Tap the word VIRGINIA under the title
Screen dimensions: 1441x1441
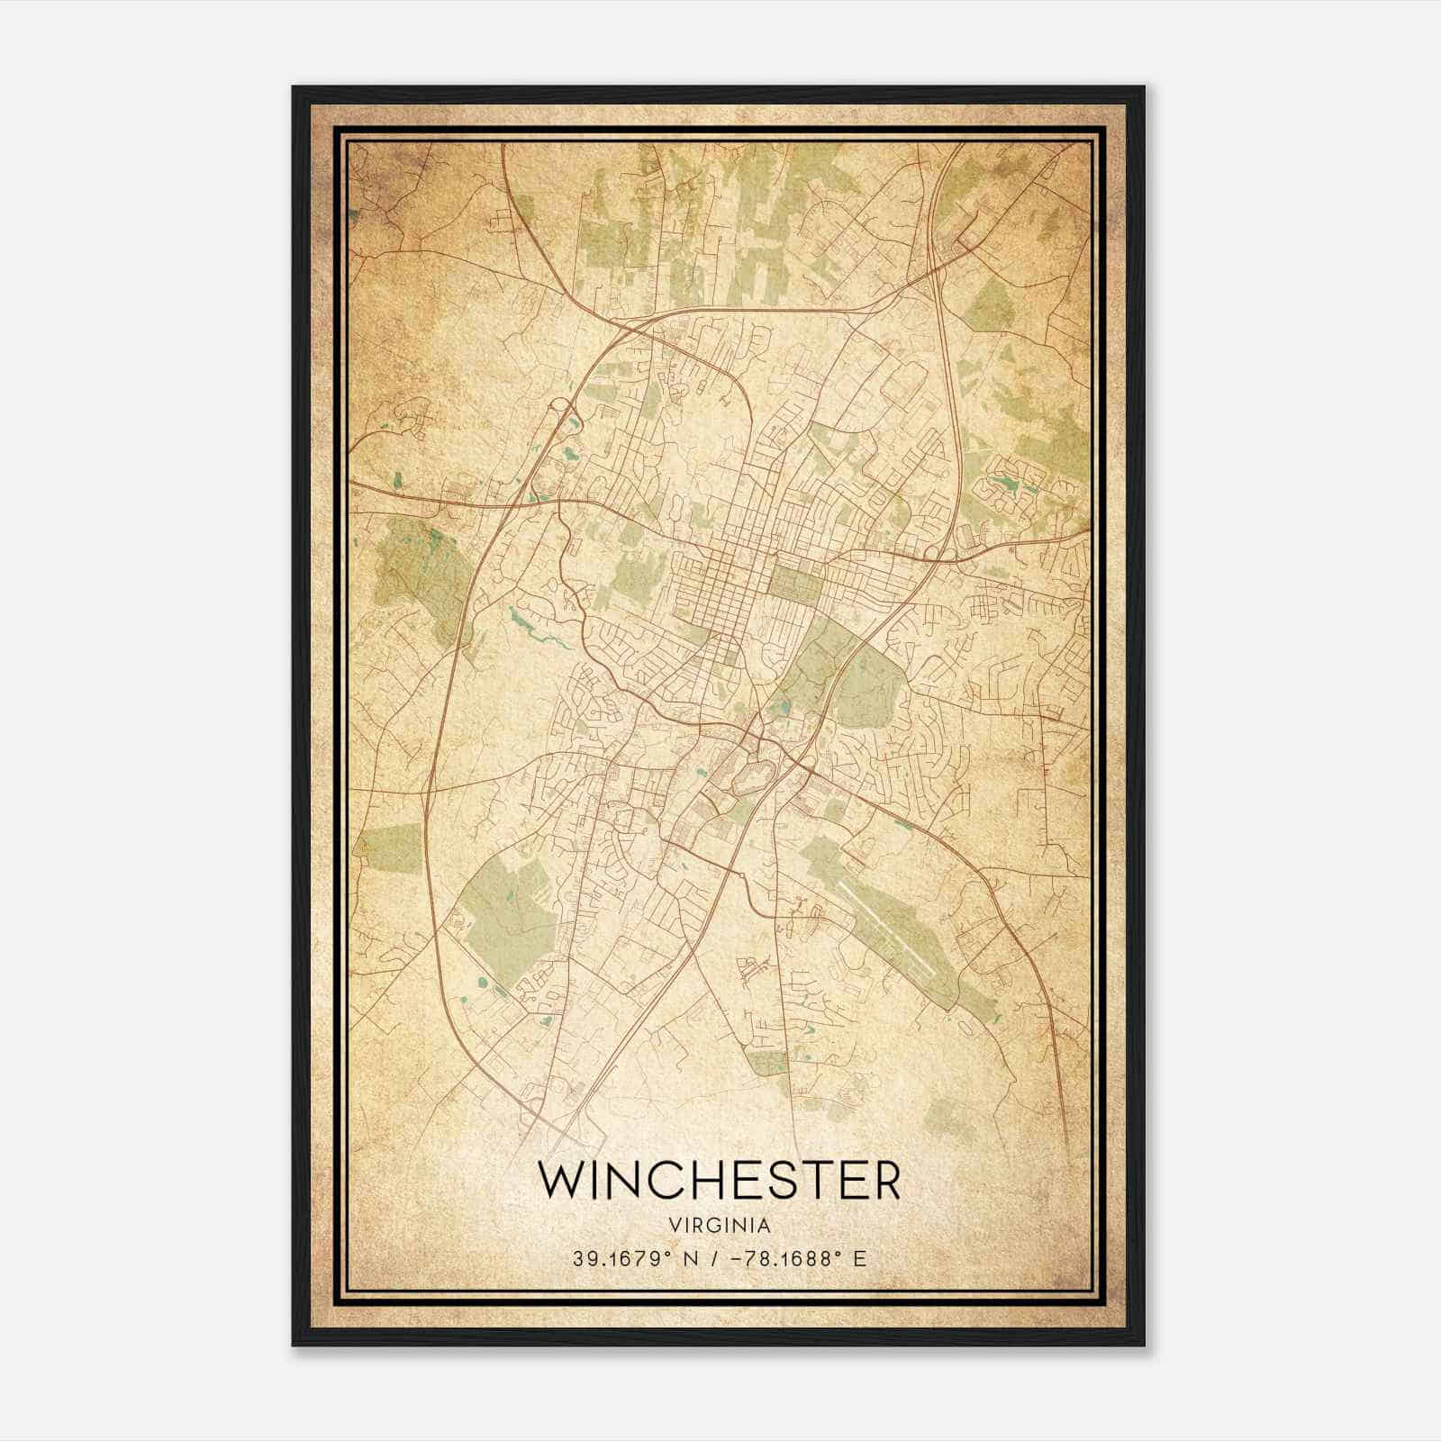point(719,1225)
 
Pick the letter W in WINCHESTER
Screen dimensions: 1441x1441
point(559,1180)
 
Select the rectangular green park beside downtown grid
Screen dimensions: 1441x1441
point(796,582)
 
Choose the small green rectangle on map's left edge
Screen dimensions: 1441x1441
point(391,847)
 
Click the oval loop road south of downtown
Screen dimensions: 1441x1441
point(754,773)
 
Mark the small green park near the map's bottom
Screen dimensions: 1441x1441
point(768,1063)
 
